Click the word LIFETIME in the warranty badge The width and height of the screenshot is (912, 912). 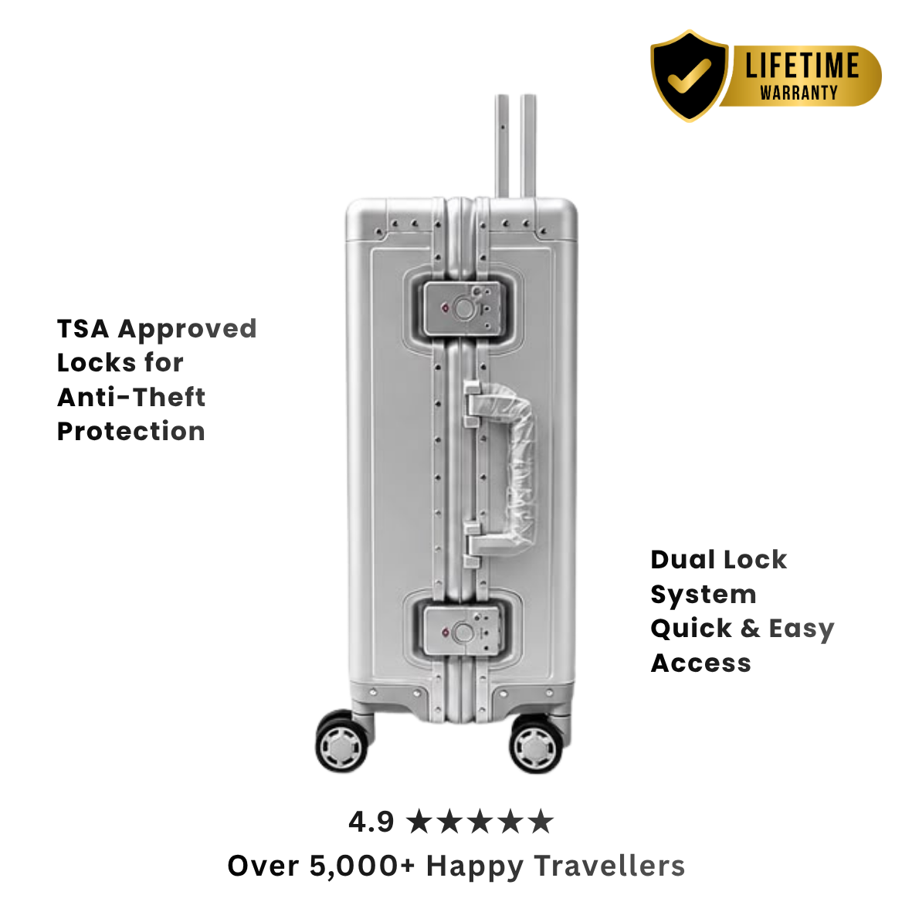802,65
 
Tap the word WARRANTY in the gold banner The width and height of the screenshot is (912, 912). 798,93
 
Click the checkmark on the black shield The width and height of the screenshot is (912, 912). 690,76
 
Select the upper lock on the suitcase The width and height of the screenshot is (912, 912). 463,308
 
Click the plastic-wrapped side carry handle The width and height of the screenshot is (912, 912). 512,468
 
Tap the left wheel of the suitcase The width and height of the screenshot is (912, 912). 342,743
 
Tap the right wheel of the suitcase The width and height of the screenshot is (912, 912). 536,745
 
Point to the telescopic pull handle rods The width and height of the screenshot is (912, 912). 515,146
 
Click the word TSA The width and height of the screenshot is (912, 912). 83,329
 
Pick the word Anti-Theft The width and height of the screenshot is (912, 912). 131,397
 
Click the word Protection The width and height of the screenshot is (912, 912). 131,432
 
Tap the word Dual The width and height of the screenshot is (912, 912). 683,560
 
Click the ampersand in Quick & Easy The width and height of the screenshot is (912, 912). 751,628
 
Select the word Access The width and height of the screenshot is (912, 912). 701,663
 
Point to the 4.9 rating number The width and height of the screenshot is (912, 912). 371,822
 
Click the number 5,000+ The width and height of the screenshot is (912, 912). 361,866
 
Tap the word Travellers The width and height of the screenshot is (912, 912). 609,866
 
